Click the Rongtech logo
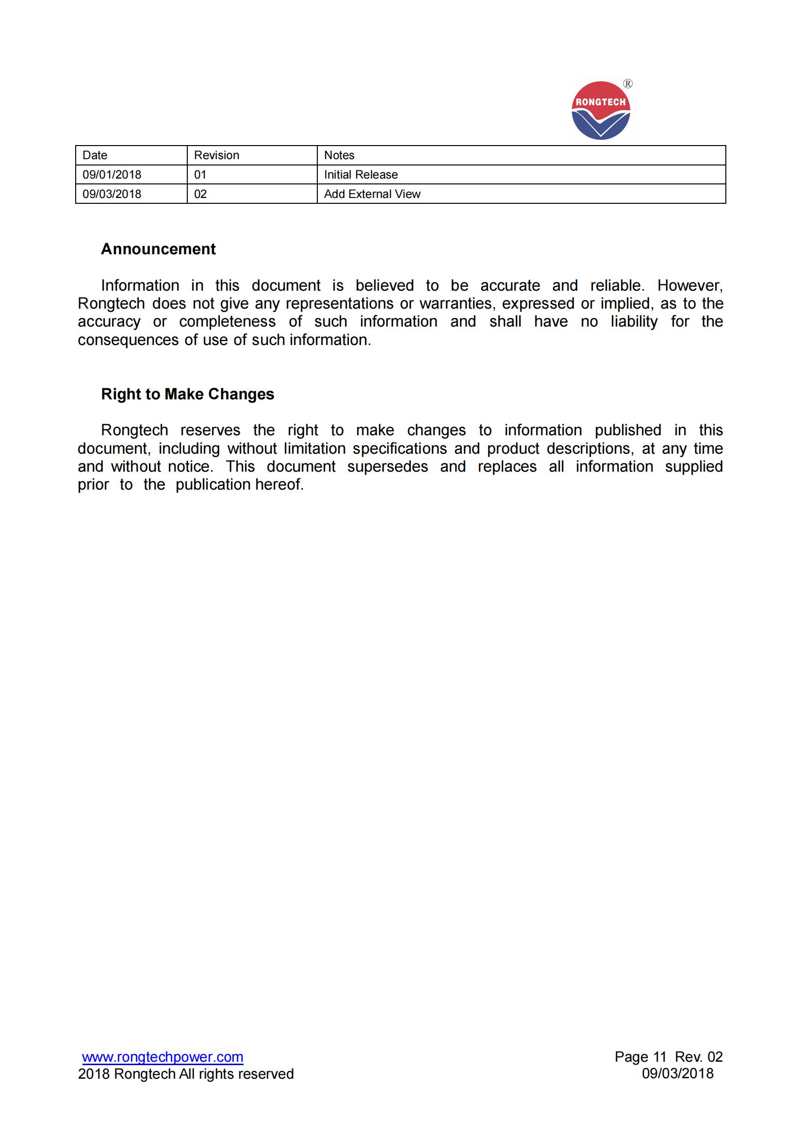(600, 111)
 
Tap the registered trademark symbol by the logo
(627, 84)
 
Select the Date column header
(95, 155)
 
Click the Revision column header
(216, 155)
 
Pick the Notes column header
(339, 155)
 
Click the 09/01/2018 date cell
(112, 175)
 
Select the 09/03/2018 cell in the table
(112, 194)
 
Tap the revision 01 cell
(200, 175)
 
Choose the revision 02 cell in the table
(200, 194)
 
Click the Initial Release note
(360, 175)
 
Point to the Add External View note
(372, 194)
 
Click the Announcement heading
(158, 248)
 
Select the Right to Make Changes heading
(187, 394)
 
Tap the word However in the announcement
(690, 285)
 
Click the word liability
(634, 321)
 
